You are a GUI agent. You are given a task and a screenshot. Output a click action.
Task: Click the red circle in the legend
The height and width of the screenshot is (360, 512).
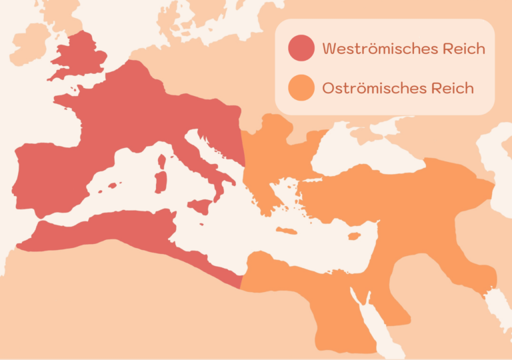301,49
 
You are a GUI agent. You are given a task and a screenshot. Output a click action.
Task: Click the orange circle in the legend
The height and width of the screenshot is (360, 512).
301,88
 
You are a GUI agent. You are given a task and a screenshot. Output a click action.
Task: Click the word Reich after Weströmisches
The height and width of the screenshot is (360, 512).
463,49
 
